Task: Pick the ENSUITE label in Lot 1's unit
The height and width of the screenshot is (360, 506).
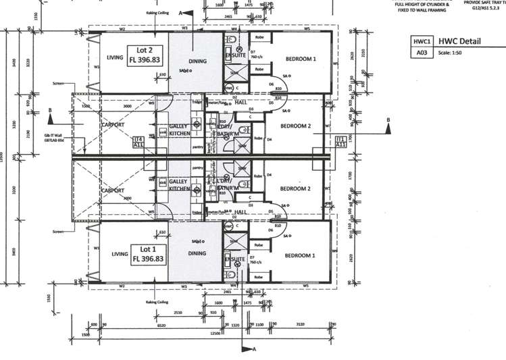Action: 236,258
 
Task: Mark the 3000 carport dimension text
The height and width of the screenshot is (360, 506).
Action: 127,107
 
